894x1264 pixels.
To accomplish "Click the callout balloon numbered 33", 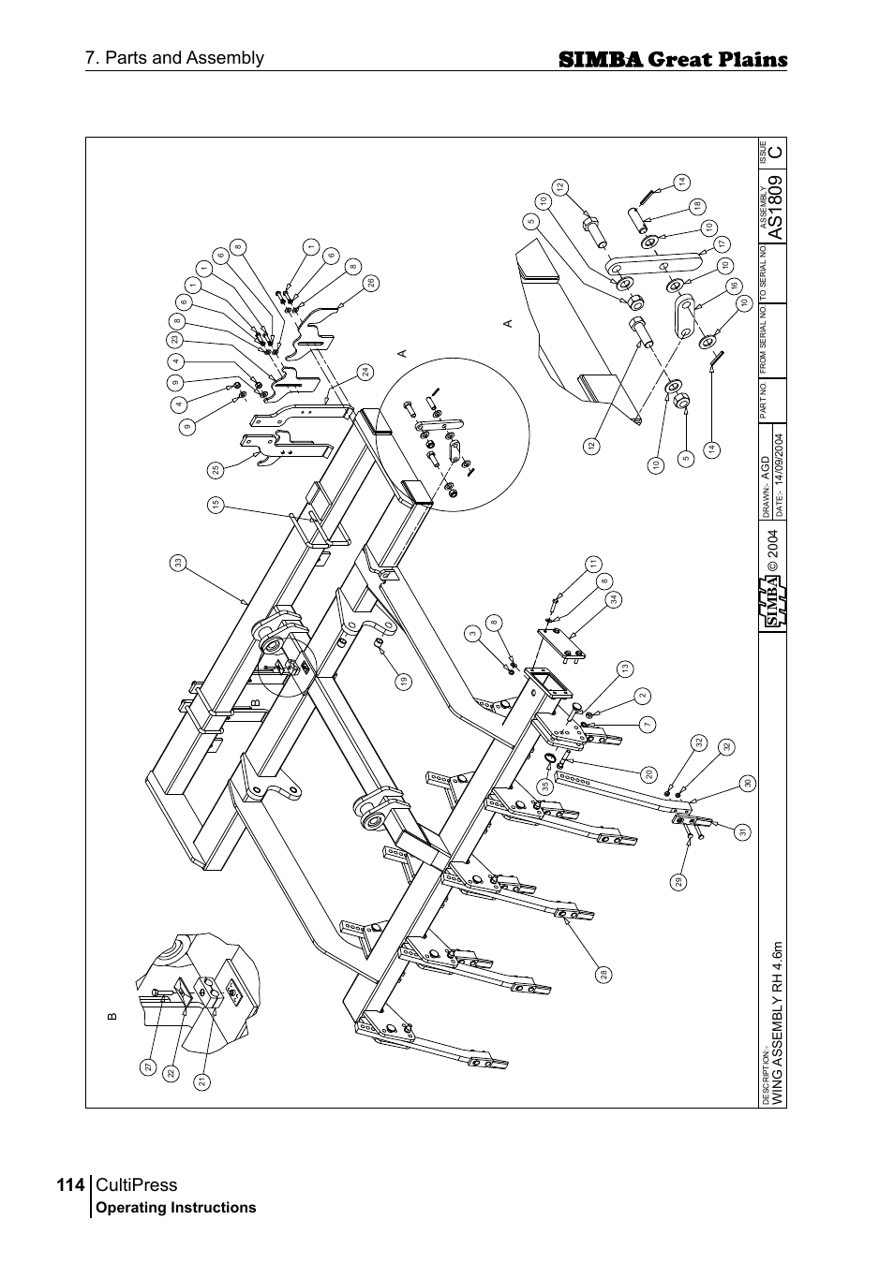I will [177, 563].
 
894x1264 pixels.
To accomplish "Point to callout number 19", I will [404, 683].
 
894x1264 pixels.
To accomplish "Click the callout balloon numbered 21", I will [201, 1080].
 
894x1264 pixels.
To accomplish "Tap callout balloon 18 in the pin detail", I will [697, 206].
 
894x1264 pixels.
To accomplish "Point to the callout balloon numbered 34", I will [613, 599].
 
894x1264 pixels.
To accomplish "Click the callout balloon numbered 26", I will [370, 282].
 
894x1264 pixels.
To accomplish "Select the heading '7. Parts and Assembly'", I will [174, 58].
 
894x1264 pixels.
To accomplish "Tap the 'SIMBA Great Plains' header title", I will [672, 60].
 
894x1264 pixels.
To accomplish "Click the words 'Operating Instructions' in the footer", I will [176, 1208].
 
